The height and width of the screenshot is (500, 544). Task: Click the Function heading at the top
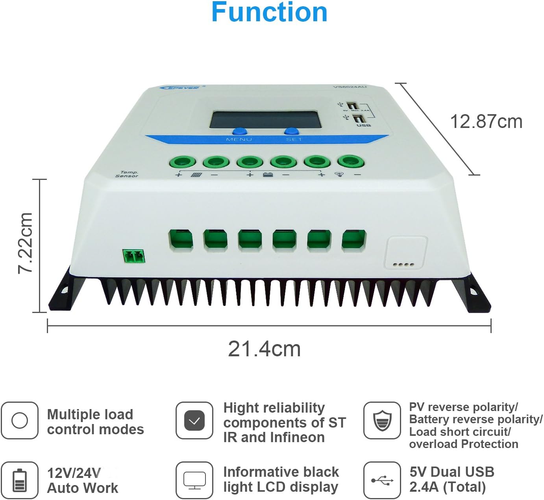(x=269, y=13)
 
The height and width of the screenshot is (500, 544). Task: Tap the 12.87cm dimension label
(x=486, y=122)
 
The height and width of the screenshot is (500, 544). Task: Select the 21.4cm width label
(x=264, y=349)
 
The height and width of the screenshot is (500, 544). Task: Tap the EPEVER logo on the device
(x=180, y=87)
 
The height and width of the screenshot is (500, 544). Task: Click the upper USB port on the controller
(x=352, y=106)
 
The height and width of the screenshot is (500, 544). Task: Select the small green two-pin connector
(x=133, y=256)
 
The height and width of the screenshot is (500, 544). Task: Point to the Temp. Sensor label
(x=127, y=174)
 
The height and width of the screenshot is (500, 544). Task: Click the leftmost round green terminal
(x=182, y=162)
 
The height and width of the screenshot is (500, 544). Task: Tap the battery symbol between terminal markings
(x=268, y=174)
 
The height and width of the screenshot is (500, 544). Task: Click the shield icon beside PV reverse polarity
(x=382, y=420)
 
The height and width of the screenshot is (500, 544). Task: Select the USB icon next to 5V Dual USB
(x=382, y=480)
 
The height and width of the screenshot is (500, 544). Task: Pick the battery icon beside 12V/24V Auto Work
(x=19, y=480)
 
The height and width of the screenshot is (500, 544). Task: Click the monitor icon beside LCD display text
(x=194, y=480)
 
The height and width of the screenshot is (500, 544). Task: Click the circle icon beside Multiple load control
(x=19, y=420)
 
